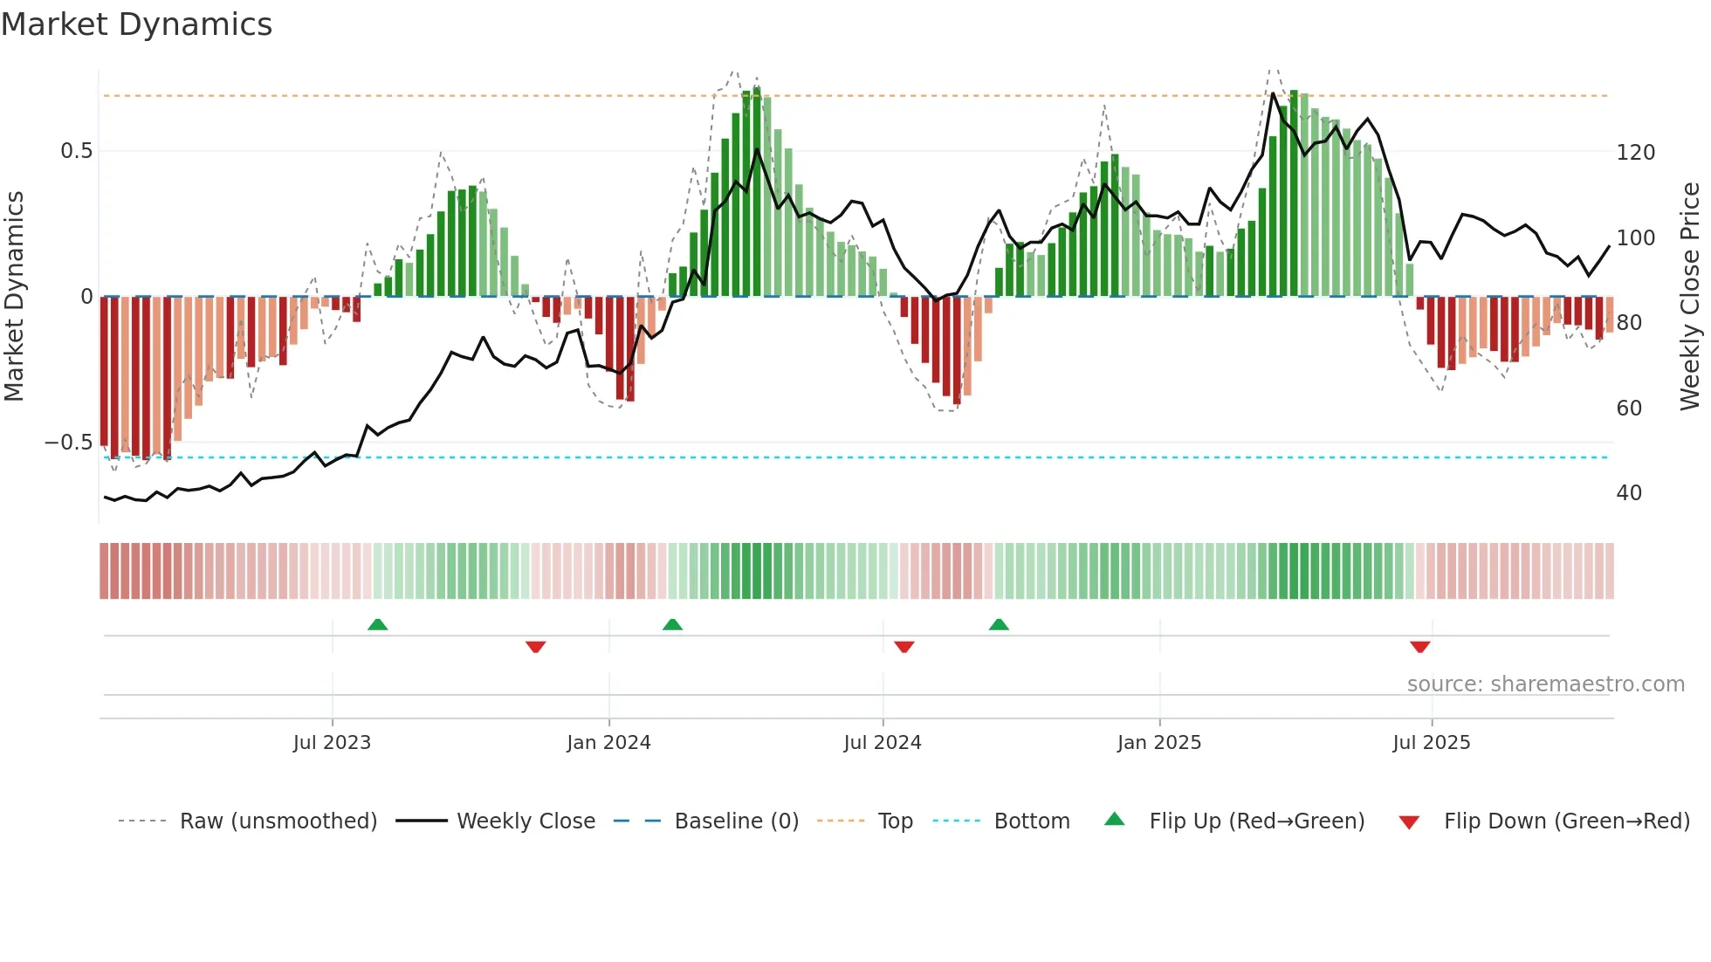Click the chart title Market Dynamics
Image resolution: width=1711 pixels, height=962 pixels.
(136, 24)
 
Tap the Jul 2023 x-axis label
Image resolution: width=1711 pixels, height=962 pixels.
(332, 743)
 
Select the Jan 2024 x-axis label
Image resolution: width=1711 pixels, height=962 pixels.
(608, 743)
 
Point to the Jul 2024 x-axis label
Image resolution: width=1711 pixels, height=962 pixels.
(883, 743)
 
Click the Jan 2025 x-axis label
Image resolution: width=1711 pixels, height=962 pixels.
(1159, 743)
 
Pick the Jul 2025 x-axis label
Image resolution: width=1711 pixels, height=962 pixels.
(1432, 743)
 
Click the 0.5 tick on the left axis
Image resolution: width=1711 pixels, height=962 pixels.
(76, 151)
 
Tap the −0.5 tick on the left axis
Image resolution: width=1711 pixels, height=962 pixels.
(68, 443)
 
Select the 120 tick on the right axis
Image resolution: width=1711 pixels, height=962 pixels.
(1635, 153)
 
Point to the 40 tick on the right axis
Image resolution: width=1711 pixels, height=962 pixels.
(1629, 493)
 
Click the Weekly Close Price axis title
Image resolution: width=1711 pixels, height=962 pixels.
(1690, 297)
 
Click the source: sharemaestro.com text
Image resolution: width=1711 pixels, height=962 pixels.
(1545, 684)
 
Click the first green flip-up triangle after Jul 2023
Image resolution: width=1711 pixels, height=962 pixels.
(377, 625)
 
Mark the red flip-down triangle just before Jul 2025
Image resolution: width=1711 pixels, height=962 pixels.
(1420, 647)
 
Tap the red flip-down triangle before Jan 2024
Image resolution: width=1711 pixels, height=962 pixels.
(536, 647)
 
